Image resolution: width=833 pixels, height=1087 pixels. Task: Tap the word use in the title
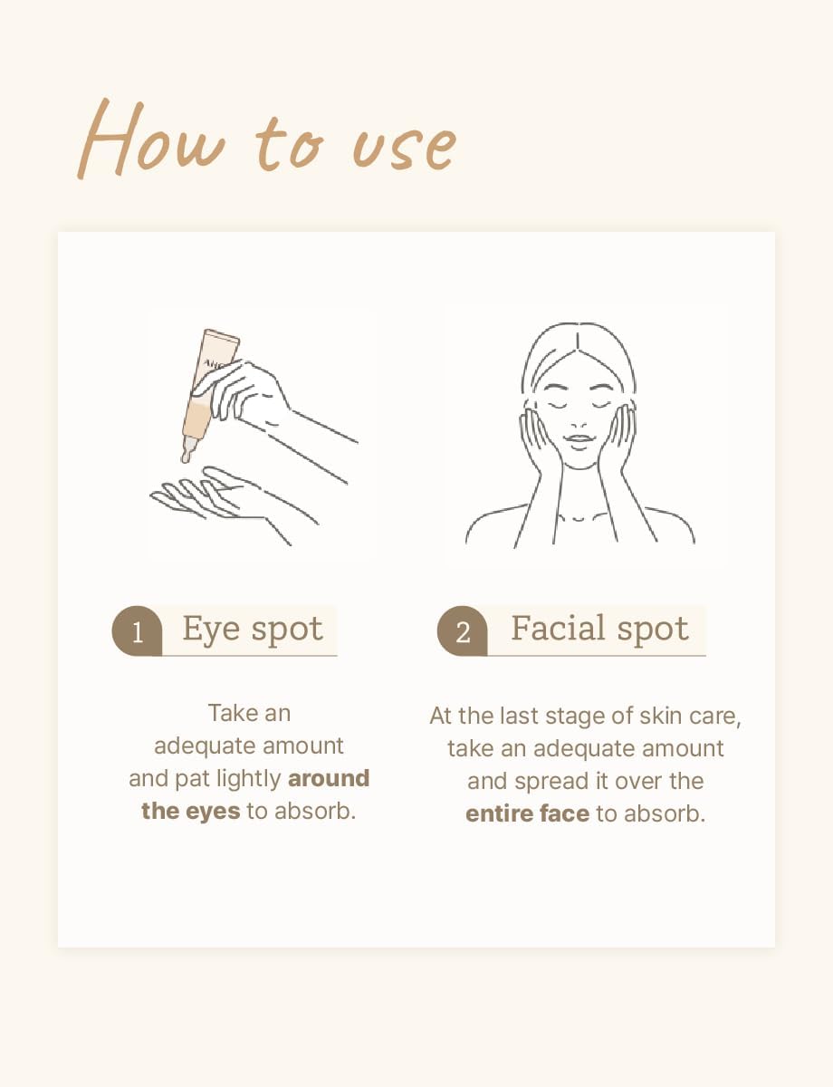click(404, 147)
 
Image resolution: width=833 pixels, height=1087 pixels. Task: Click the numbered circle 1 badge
click(137, 630)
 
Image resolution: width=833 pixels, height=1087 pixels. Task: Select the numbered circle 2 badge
click(463, 630)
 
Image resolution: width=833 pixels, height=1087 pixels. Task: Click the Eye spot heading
click(253, 630)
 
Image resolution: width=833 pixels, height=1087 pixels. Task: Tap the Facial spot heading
click(599, 629)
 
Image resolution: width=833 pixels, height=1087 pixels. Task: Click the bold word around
click(329, 778)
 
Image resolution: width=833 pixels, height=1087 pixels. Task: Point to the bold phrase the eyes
click(190, 811)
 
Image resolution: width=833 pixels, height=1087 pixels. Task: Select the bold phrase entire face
click(527, 813)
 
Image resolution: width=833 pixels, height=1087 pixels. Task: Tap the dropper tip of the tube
click(186, 456)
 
